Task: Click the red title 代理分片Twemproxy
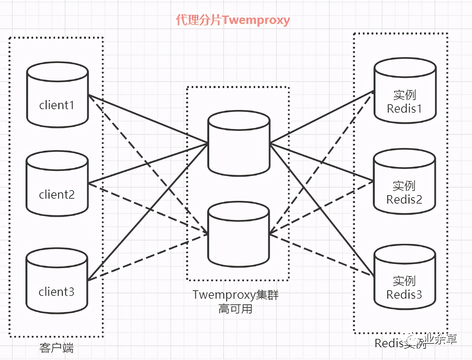coord(233,20)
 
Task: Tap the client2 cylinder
coord(57,184)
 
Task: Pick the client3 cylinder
coord(57,281)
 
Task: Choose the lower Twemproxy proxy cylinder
coord(238,234)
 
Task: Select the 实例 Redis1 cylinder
coord(405,91)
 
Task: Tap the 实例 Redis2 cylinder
coord(404,181)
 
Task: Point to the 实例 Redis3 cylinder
coord(404,277)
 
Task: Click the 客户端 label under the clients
coord(56,348)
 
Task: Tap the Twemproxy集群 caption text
coord(235,294)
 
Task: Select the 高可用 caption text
coord(235,309)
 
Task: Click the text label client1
coord(56,105)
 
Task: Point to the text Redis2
coord(404,200)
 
